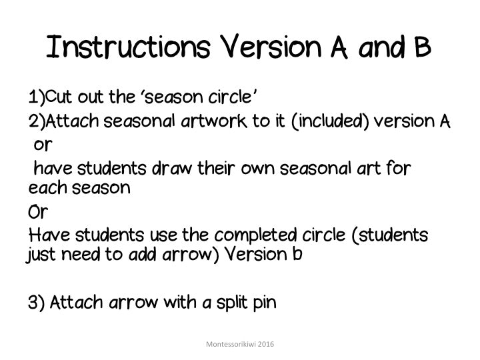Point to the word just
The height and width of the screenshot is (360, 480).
coord(44,255)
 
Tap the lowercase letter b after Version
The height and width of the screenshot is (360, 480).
coord(297,255)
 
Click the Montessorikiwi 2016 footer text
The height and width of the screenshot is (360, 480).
coord(241,343)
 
